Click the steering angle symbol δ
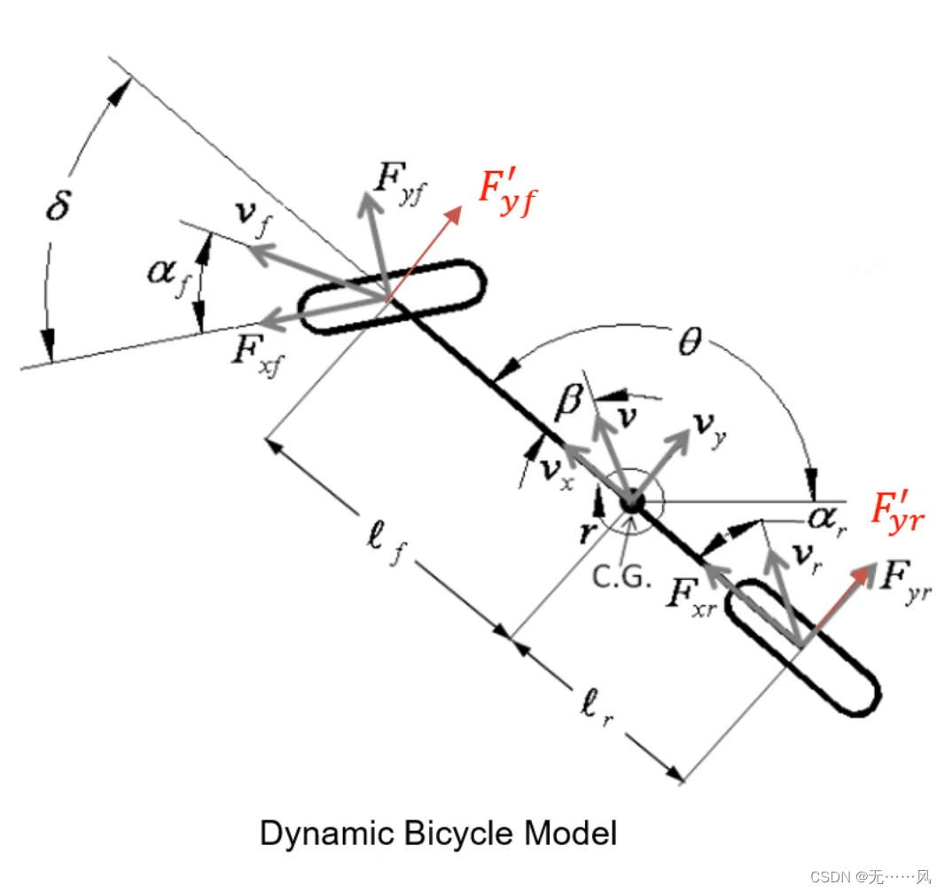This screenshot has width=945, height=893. pos(59,210)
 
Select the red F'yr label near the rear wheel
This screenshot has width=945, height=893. pos(896,513)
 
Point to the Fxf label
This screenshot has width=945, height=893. pos(258,351)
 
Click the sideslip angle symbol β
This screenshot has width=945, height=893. pos(568,403)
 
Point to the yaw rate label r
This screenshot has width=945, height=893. pos(585,532)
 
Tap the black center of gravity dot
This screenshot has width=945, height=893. pos(631,502)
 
